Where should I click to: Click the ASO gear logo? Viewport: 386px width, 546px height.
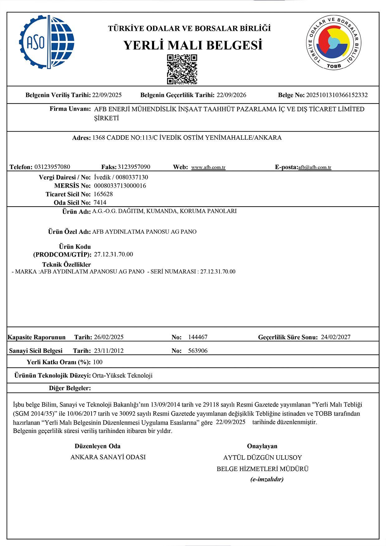pyautogui.click(x=47, y=42)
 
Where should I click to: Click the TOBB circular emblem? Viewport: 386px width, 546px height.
pyautogui.click(x=333, y=42)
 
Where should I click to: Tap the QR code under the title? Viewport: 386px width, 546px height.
pyautogui.click(x=182, y=69)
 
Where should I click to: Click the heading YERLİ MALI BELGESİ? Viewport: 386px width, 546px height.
pyautogui.click(x=193, y=45)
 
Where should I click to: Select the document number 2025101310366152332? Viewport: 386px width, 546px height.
pyautogui.click(x=337, y=95)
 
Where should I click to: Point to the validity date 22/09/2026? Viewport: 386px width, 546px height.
pyautogui.click(x=231, y=95)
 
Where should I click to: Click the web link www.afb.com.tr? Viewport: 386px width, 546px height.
pyautogui.click(x=208, y=167)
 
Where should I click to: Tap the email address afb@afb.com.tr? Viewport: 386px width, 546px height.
pyautogui.click(x=315, y=167)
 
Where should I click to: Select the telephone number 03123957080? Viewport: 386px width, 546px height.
pyautogui.click(x=52, y=167)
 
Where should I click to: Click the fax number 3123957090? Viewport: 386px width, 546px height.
pyautogui.click(x=134, y=167)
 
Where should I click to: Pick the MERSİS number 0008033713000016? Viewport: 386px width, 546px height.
pyautogui.click(x=120, y=186)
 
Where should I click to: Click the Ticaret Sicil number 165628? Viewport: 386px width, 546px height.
pyautogui.click(x=103, y=194)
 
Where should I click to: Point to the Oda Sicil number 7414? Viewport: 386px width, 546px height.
pyautogui.click(x=100, y=203)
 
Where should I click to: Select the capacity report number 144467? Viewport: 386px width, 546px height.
pyautogui.click(x=198, y=337)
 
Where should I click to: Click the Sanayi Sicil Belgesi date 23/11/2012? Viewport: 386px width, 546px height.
pyautogui.click(x=109, y=351)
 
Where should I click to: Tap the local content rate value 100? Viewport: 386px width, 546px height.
pyautogui.click(x=97, y=362)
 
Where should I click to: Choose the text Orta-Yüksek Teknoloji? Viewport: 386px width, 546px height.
pyautogui.click(x=122, y=376)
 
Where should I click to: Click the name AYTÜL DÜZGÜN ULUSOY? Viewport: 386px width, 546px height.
pyautogui.click(x=262, y=458)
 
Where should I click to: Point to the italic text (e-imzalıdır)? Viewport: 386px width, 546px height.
pyautogui.click(x=267, y=479)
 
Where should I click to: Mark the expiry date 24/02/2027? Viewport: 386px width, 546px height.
pyautogui.click(x=336, y=337)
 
